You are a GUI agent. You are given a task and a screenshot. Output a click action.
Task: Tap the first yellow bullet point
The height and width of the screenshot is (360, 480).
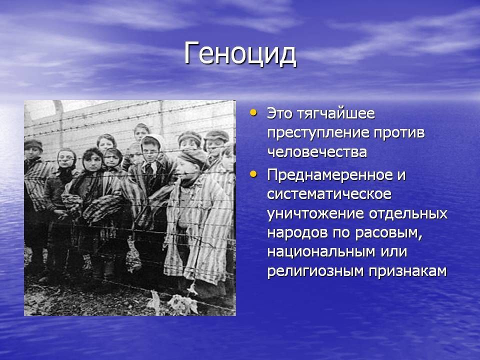[253, 112]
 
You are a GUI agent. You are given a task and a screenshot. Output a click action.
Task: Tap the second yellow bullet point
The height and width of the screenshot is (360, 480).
[253, 174]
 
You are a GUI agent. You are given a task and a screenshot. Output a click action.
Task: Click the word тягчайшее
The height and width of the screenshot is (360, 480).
[336, 114]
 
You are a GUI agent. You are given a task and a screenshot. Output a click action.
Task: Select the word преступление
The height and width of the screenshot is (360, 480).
[318, 133]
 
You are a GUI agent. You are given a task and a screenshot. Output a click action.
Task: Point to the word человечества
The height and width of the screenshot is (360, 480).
[317, 152]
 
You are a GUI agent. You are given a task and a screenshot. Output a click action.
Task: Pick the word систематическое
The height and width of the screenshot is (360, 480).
[329, 194]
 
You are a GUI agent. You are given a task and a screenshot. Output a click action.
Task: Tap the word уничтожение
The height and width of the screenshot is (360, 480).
[315, 214]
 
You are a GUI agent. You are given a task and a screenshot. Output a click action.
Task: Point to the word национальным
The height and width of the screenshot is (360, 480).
[321, 252]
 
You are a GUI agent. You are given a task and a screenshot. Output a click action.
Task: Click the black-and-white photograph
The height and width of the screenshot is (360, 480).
[130, 208]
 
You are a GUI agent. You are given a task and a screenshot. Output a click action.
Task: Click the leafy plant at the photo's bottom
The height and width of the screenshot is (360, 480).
[183, 303]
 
